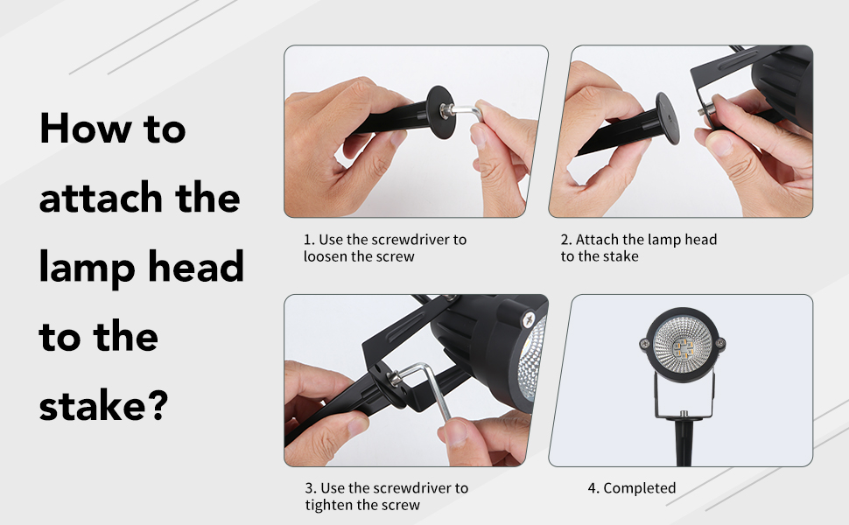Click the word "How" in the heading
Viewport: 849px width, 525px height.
tap(86, 129)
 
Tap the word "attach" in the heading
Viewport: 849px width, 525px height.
tap(101, 198)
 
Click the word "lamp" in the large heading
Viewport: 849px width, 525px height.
tap(87, 269)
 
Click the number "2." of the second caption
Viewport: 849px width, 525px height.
tap(566, 240)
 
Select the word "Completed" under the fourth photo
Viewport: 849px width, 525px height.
tap(640, 488)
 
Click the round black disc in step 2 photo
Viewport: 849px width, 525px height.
tap(667, 118)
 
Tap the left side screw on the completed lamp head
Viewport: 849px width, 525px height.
tap(644, 344)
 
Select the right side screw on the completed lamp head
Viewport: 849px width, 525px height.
tap(720, 343)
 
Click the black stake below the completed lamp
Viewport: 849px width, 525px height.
tap(684, 441)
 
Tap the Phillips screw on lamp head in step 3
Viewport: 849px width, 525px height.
tap(529, 319)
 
